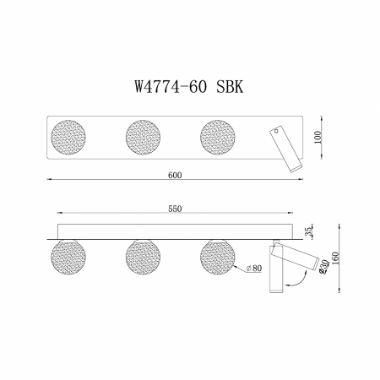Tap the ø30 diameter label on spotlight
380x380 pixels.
pyautogui.click(x=323, y=266)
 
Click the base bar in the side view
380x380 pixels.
pyautogui.click(x=176, y=232)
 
